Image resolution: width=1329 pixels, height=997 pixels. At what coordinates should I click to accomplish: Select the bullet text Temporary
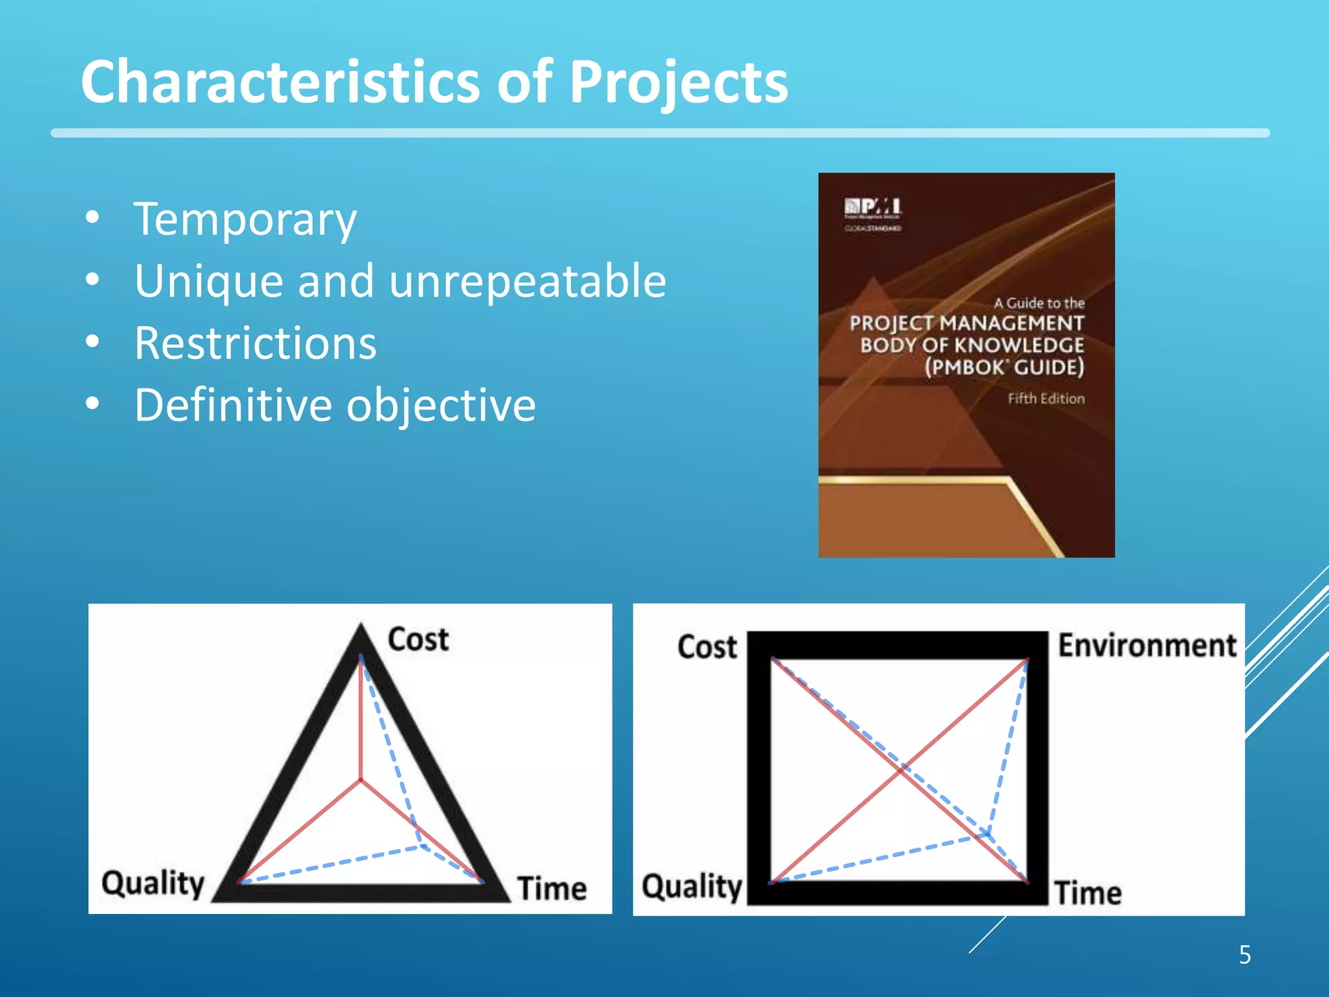[245, 219]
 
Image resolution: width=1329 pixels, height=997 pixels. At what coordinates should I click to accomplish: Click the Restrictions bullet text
[255, 343]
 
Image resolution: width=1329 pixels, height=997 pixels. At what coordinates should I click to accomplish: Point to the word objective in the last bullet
[441, 405]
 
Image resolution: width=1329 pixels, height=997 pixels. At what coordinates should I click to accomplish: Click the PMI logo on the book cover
[873, 208]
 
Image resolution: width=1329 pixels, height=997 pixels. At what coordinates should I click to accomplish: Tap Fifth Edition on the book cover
[1045, 399]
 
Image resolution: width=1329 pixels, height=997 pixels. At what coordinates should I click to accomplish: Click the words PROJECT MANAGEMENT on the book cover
[967, 323]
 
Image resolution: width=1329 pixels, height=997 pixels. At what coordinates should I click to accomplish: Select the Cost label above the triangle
[418, 639]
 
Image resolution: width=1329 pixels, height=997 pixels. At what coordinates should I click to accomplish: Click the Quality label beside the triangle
[153, 883]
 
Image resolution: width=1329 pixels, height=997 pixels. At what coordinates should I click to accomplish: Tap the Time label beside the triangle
[552, 888]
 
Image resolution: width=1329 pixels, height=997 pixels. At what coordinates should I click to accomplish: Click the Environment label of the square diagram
[1147, 646]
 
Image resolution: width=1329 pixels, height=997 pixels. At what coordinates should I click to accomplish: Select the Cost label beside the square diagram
[707, 647]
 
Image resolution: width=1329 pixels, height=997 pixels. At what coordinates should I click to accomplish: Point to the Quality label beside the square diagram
[692, 887]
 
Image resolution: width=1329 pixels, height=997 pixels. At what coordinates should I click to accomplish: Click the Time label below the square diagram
[1088, 892]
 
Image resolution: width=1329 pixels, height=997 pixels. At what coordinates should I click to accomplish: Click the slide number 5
[1245, 955]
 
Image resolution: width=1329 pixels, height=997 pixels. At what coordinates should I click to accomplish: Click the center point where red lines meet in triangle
[361, 779]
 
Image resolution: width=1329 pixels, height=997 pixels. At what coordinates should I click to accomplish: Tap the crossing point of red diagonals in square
[901, 770]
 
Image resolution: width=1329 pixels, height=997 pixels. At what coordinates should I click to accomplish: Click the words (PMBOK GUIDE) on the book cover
[1004, 367]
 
